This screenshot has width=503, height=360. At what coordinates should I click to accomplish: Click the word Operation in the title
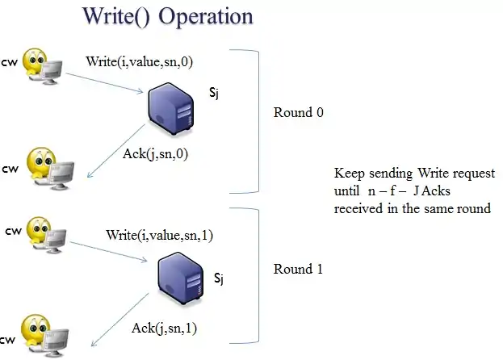click(203, 16)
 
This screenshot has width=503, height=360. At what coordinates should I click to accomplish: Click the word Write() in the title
click(115, 16)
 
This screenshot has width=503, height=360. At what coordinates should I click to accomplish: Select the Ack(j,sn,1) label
click(164, 328)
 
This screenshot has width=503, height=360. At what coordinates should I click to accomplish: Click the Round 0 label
click(298, 112)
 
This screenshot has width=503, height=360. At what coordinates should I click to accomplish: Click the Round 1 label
click(298, 269)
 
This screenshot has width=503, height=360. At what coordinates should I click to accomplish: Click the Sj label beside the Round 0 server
click(214, 94)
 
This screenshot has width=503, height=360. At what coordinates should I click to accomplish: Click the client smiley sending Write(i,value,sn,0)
click(37, 65)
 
